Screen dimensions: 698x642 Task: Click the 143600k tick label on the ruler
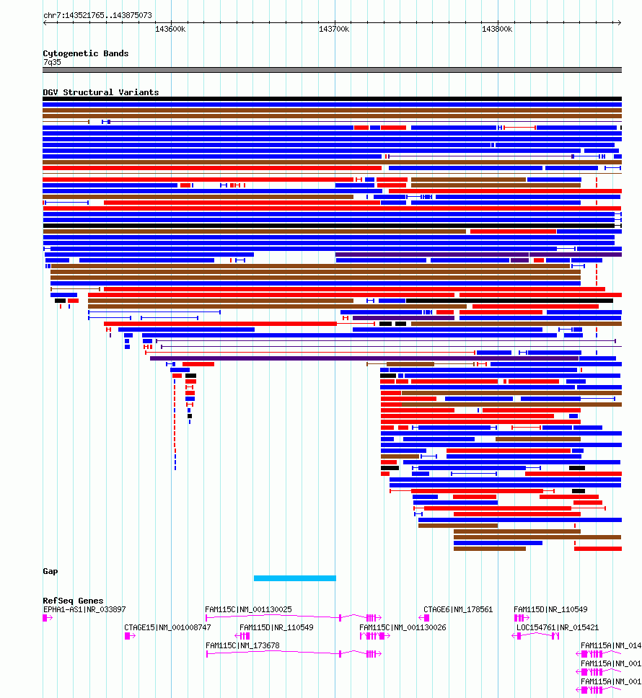click(x=170, y=29)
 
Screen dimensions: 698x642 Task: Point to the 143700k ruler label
click(x=334, y=29)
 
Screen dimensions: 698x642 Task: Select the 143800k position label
click(x=497, y=29)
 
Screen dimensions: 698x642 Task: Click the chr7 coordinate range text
click(x=97, y=15)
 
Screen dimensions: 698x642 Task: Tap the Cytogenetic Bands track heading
click(x=85, y=53)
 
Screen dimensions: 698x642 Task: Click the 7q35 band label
click(x=52, y=62)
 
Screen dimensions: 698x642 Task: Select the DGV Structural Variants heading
click(x=100, y=92)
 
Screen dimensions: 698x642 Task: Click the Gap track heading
click(x=50, y=571)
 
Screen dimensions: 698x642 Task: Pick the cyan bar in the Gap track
click(x=294, y=578)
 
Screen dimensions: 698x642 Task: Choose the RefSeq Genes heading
click(x=72, y=601)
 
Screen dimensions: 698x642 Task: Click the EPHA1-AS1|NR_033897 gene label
click(x=84, y=609)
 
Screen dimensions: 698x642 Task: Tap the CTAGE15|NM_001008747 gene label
click(x=167, y=627)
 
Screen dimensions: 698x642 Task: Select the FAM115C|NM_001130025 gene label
click(x=248, y=609)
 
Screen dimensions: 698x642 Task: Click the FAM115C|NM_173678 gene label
click(x=242, y=645)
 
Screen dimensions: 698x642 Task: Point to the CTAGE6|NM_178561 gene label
click(x=457, y=609)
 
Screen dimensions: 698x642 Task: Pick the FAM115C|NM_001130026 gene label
click(x=403, y=627)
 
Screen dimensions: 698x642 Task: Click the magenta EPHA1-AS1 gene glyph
click(x=48, y=618)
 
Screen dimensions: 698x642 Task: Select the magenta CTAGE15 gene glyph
click(x=130, y=636)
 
